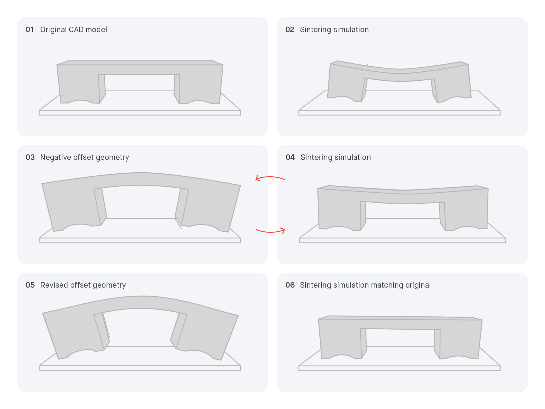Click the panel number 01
point(30,30)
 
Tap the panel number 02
point(290,30)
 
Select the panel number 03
point(30,157)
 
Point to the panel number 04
point(290,157)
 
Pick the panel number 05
point(30,285)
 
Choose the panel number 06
point(290,285)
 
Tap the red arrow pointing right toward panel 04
point(270,231)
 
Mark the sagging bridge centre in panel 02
point(399,75)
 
